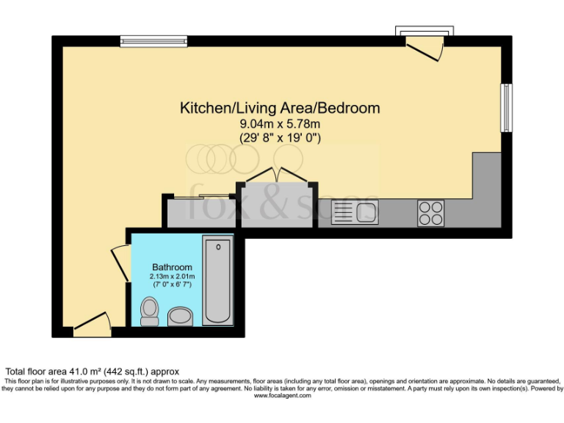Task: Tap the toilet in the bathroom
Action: pyautogui.click(x=150, y=311)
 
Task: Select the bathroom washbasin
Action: pyautogui.click(x=180, y=317)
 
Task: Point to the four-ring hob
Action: pyautogui.click(x=430, y=212)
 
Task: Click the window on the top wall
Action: pyautogui.click(x=142, y=41)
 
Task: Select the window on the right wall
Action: pyautogui.click(x=506, y=108)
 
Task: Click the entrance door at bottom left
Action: pyautogui.click(x=93, y=322)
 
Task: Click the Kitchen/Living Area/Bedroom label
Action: pyautogui.click(x=280, y=108)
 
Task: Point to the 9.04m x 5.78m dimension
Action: pyautogui.click(x=280, y=124)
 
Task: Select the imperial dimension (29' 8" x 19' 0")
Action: pyautogui.click(x=280, y=137)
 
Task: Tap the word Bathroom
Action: pyautogui.click(x=172, y=267)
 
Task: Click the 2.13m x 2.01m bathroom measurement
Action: pyautogui.click(x=172, y=276)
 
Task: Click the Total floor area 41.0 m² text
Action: pyautogui.click(x=93, y=372)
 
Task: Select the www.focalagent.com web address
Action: pyautogui.click(x=282, y=395)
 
